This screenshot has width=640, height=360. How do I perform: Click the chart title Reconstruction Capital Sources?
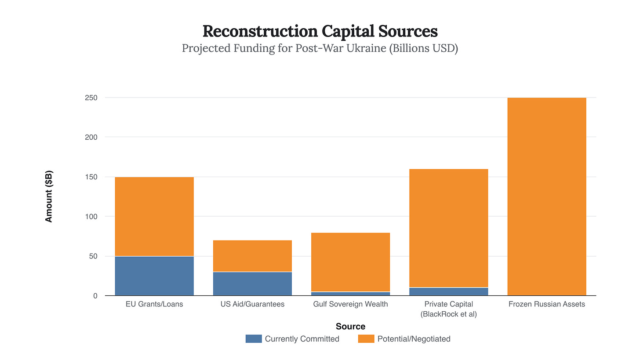pos(320,32)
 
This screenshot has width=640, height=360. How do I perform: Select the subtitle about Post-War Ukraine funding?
pos(320,48)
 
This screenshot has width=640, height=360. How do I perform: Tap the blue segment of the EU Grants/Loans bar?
pos(154,276)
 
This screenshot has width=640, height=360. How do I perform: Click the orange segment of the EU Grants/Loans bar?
pos(154,216)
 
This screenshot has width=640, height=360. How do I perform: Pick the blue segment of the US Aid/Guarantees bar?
pos(252,284)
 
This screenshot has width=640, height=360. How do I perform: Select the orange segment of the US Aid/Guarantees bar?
pos(252,256)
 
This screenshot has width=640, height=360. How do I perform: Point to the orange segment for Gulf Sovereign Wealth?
pos(350,262)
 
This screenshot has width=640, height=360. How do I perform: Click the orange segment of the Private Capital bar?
pos(448,228)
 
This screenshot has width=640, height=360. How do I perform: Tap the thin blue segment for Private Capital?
pos(448,291)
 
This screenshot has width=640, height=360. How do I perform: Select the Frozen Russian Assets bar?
pos(547,196)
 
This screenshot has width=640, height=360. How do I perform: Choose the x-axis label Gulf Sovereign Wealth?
pos(350,304)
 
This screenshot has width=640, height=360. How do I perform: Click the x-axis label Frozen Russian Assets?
pos(547,304)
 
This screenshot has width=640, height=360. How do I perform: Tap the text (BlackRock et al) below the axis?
pos(448,314)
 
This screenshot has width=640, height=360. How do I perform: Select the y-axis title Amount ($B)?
pos(49,196)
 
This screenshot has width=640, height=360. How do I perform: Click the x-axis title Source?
pos(350,326)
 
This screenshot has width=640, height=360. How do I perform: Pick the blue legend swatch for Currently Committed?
pos(253,339)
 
